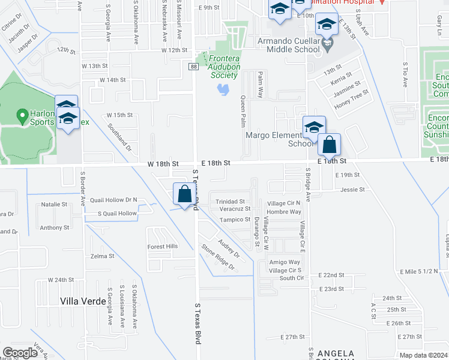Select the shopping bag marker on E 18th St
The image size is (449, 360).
tap(329, 145)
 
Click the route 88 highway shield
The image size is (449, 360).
tap(194, 66)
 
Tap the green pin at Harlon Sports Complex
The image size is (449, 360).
tap(22, 113)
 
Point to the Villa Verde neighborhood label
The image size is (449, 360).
tap(83, 300)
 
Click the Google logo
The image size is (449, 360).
tap(20, 353)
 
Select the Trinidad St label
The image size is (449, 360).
tap(231, 202)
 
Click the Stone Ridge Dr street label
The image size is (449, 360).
tap(217, 256)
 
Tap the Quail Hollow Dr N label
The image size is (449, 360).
tap(113, 200)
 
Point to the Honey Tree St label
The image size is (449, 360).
tap(351, 103)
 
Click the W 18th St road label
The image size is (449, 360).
tap(163, 163)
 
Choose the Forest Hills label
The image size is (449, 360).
tap(163, 247)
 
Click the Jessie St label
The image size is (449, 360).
tap(352, 190)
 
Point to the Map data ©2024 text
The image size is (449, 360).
tap(423, 355)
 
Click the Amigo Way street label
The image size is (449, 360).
tap(285, 262)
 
